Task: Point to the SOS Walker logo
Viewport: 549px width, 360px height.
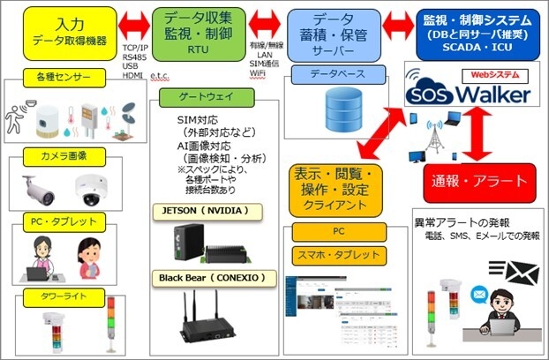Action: click(x=469, y=92)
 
